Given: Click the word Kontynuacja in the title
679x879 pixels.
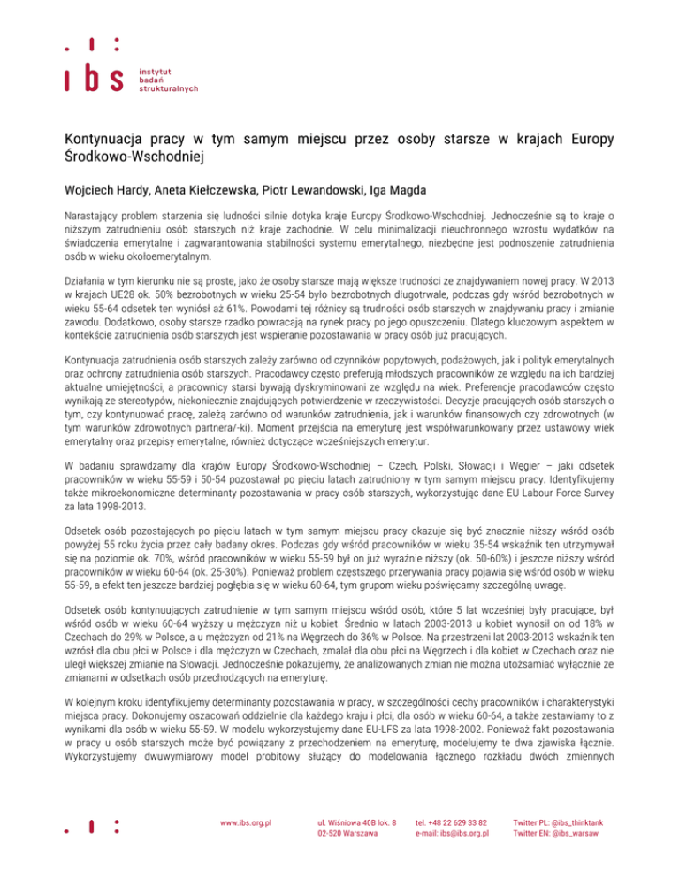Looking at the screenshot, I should [x=103, y=140].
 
